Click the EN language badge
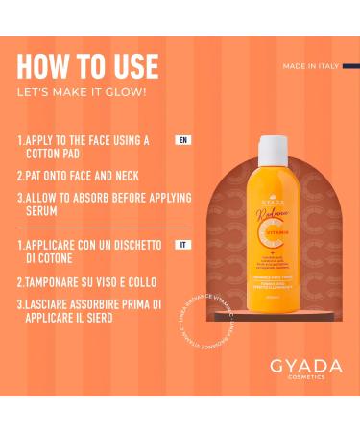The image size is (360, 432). (182, 140)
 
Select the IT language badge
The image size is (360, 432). (182, 245)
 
